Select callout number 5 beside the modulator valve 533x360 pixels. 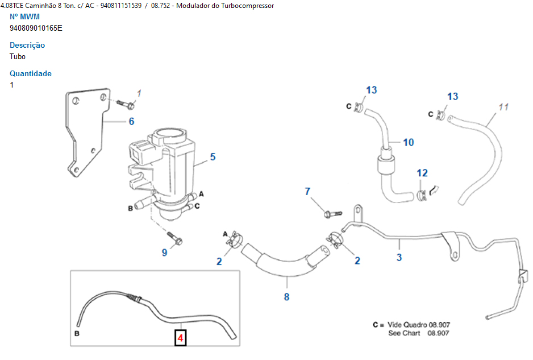213,156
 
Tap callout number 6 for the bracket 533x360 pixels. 131,121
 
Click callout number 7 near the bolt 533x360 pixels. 308,191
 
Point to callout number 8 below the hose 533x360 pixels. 286,296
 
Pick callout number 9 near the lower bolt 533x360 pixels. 165,252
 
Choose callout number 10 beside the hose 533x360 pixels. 409,142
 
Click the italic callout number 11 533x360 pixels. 503,107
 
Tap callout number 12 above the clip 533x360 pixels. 422,173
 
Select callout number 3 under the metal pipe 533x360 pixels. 399,257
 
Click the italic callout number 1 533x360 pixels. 139,93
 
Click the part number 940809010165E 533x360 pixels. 36,28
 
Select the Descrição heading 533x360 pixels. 27,45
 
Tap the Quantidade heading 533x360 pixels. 31,73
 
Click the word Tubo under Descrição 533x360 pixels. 18,56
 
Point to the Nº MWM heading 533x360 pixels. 25,16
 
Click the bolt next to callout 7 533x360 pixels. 331,214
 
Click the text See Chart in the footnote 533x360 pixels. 404,333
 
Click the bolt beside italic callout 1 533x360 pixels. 126,104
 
